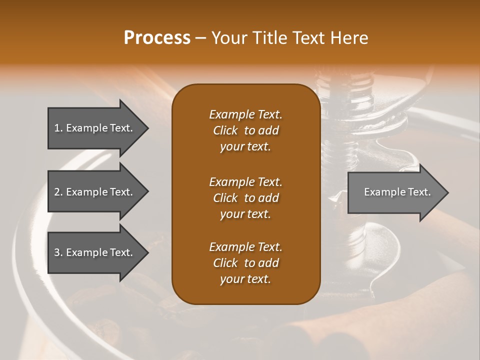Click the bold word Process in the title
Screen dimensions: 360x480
point(157,38)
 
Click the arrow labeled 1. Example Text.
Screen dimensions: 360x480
point(95,128)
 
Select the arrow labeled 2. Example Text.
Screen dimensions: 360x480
point(95,192)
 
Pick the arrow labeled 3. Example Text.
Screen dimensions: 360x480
point(95,252)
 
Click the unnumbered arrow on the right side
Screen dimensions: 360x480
point(395,192)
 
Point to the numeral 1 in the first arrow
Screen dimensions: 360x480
point(57,128)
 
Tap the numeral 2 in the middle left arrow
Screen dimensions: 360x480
point(57,192)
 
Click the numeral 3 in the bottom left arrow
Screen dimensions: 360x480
point(57,252)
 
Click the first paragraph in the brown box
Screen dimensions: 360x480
point(245,130)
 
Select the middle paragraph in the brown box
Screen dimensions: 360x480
point(245,197)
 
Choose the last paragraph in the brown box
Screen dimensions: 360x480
point(245,263)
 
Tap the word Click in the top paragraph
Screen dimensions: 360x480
point(225,130)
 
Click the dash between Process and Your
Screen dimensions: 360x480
point(200,38)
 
